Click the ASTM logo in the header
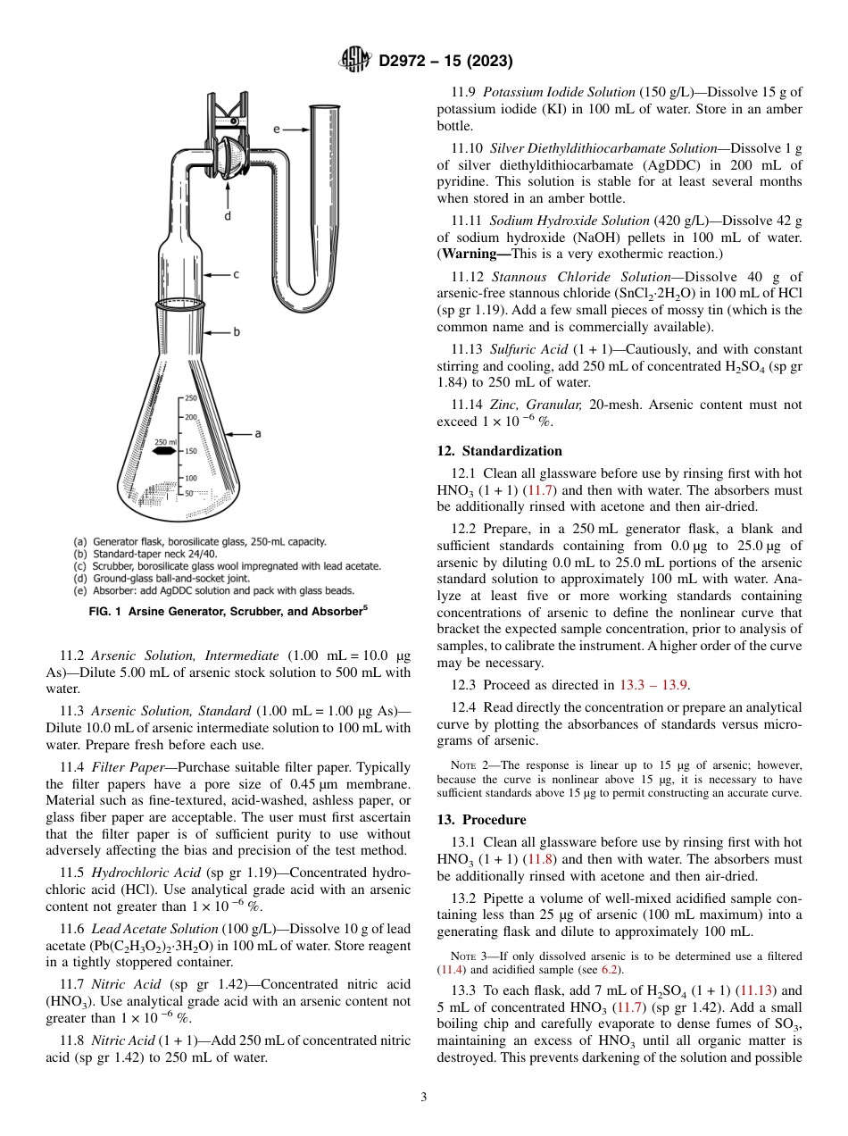click(x=355, y=61)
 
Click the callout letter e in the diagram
click(x=277, y=129)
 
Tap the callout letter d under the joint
click(x=229, y=215)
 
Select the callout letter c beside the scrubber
click(x=236, y=275)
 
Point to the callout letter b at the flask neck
click(x=237, y=332)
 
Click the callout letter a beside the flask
click(x=258, y=433)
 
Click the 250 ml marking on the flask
click(x=166, y=442)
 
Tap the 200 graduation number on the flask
click(x=191, y=417)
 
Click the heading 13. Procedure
click(x=481, y=820)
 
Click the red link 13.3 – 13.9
click(x=655, y=685)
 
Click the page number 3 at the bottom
click(x=424, y=1098)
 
